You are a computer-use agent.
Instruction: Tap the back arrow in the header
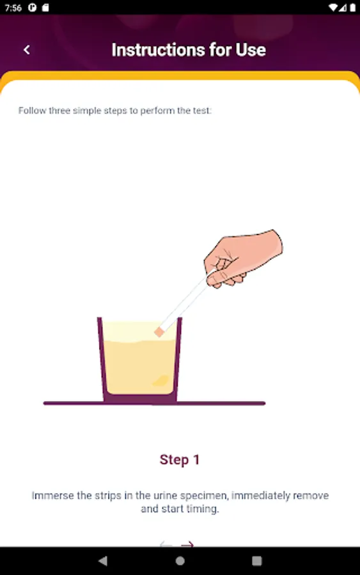(x=26, y=50)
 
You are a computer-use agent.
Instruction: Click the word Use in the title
(x=251, y=50)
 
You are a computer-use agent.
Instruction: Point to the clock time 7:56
(x=13, y=8)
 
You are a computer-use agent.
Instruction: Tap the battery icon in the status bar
(x=352, y=8)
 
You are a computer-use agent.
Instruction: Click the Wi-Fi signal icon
(x=333, y=8)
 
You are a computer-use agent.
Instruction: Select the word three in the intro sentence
(x=59, y=111)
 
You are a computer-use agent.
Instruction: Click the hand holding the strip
(x=242, y=258)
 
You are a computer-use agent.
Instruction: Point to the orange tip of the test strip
(x=159, y=332)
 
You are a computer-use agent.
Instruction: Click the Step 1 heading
(x=180, y=459)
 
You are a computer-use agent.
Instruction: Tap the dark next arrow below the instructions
(x=187, y=544)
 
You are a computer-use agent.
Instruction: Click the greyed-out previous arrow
(x=166, y=544)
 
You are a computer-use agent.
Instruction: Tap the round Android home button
(x=180, y=561)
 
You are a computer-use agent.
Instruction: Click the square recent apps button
(x=257, y=561)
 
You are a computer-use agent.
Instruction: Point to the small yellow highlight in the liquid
(x=160, y=381)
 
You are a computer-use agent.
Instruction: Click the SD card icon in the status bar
(x=45, y=8)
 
